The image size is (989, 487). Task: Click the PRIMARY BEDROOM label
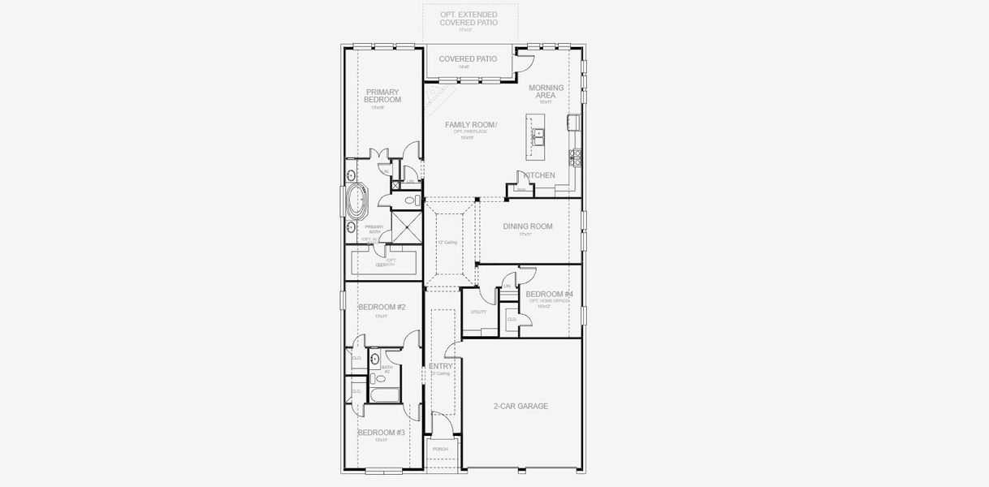[x=382, y=96]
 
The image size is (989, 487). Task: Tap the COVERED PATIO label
[x=468, y=59]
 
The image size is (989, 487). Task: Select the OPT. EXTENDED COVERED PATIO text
[x=468, y=19]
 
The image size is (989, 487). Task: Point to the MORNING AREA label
[x=545, y=92]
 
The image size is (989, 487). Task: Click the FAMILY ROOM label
[x=470, y=124]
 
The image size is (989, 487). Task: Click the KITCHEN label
[x=539, y=175]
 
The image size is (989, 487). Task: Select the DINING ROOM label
[x=528, y=226]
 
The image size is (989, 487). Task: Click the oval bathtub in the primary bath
[x=356, y=202]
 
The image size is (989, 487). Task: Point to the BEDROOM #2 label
[x=382, y=307]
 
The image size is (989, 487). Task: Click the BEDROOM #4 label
[x=549, y=294]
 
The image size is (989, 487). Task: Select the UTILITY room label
[x=478, y=312]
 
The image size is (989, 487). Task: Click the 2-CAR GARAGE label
[x=520, y=406]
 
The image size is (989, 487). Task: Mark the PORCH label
[x=440, y=449]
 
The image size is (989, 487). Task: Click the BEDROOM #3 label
[x=381, y=433]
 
